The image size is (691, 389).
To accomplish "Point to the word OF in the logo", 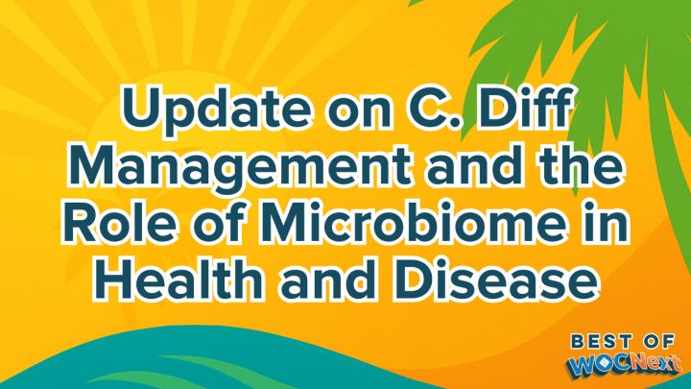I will pos(658,340).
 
